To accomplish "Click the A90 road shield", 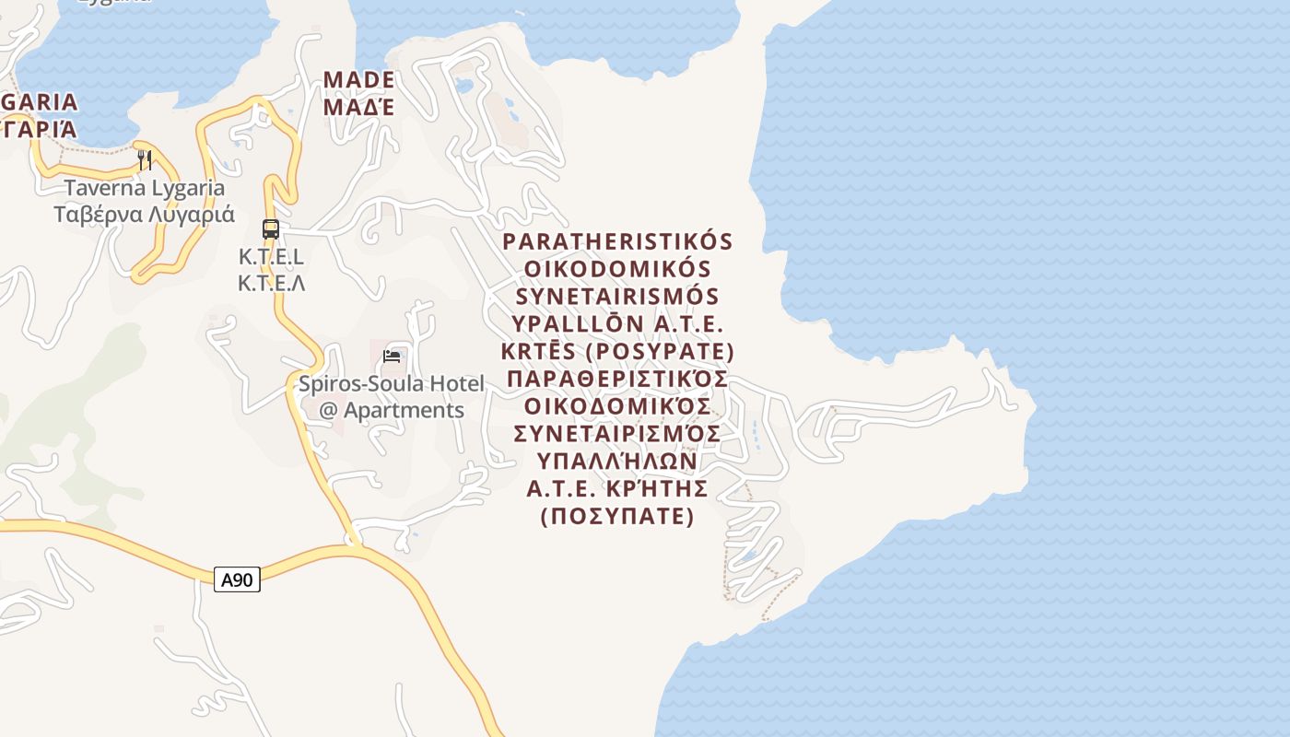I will click(237, 579).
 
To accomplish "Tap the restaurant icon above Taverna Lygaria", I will click(145, 159).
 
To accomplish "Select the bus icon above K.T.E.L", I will click(271, 228).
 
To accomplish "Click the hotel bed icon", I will click(393, 356).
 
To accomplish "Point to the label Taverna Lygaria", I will click(144, 188).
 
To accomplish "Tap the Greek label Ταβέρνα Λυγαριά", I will click(144, 215).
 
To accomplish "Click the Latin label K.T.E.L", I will click(271, 256).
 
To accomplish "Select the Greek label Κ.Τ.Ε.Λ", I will click(271, 283).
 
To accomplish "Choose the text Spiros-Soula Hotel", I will click(391, 383).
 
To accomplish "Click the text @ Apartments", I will click(391, 410).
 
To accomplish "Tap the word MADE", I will click(358, 80).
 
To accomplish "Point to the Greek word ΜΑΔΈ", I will click(358, 107).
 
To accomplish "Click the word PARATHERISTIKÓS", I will click(617, 241).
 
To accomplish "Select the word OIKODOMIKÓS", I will click(617, 269).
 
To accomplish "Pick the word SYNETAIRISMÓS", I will click(617, 297).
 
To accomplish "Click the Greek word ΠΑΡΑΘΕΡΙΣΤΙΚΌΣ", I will click(617, 380).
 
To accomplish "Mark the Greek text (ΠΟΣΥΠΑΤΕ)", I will click(617, 516).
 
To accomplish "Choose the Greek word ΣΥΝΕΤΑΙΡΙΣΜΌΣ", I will click(617, 433).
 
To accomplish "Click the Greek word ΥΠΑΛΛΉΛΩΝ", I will click(617, 461).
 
